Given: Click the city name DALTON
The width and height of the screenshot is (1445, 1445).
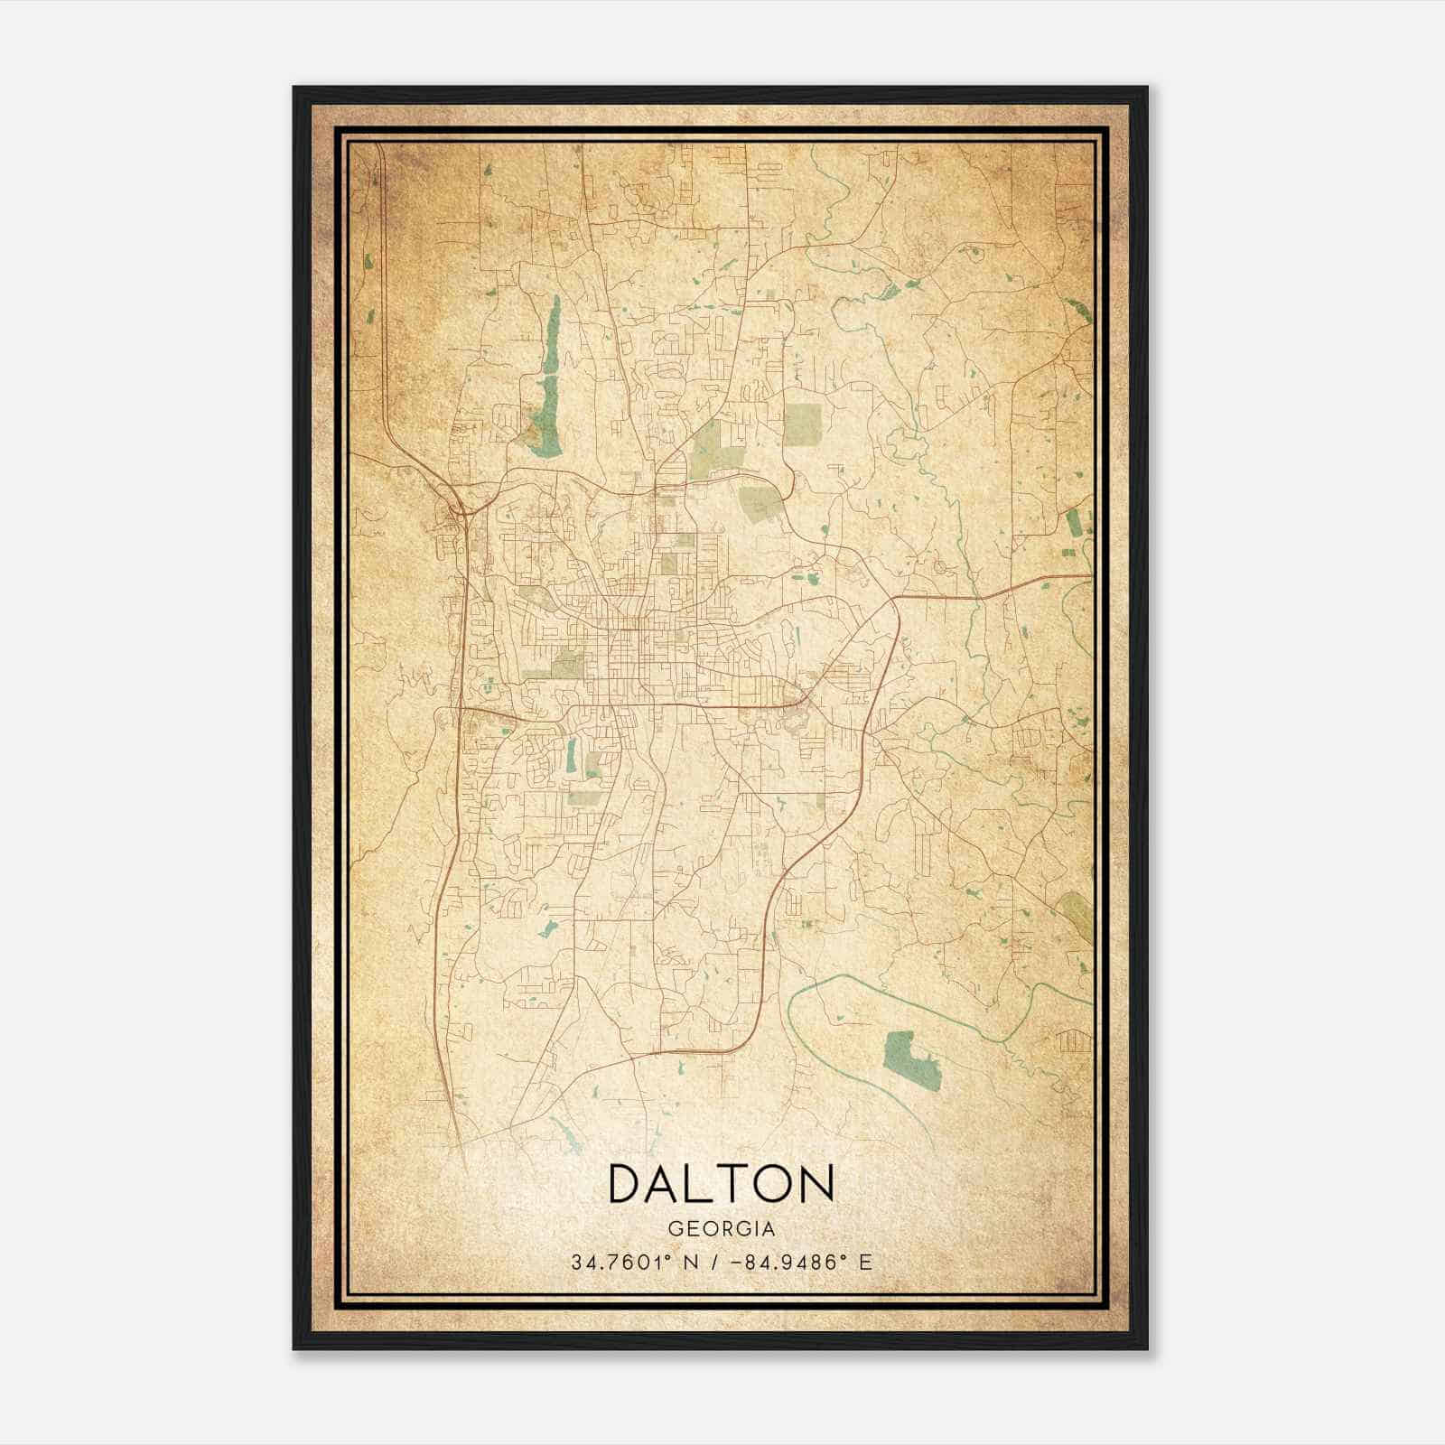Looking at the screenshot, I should click(721, 1183).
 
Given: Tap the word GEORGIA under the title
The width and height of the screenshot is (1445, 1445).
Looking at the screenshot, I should click(721, 1229).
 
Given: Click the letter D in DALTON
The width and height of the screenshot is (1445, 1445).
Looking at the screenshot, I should click(626, 1183).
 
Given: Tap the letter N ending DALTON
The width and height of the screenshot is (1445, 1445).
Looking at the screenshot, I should click(816, 1183).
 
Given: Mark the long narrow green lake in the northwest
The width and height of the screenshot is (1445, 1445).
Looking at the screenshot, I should click(547, 379).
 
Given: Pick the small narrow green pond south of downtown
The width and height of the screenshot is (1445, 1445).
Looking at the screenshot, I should click(572, 757).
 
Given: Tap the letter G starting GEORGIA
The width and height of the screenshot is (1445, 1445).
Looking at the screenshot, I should click(674, 1229).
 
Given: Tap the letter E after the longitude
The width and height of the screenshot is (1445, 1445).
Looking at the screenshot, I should click(865, 1263).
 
